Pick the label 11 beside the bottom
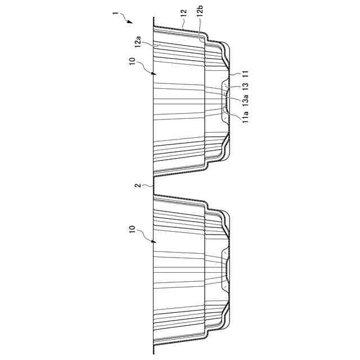click(x=245, y=74)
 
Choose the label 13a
click(x=246, y=101)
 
